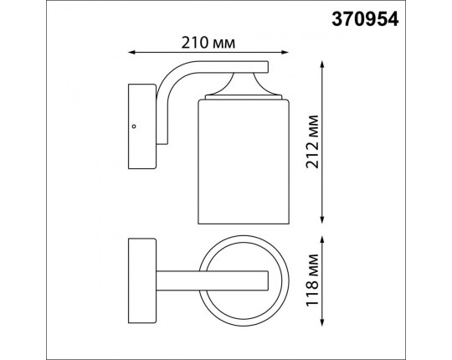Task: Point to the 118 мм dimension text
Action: [312, 275]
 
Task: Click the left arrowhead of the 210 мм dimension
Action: [131, 53]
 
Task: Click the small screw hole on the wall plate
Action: [133, 127]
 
